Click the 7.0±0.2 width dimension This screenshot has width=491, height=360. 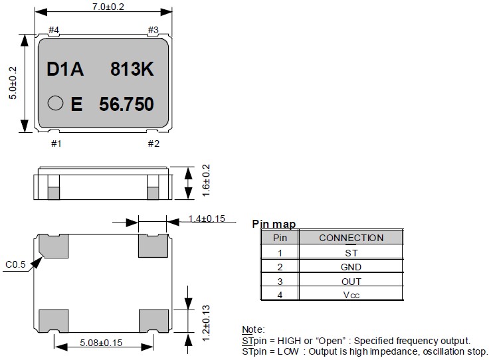click(x=102, y=6)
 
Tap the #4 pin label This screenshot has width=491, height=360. click(x=54, y=31)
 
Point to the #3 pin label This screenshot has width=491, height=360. click(x=153, y=30)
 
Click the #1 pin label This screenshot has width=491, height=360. click(x=56, y=143)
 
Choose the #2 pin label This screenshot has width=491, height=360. click(x=153, y=143)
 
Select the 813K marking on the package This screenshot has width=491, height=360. click(x=132, y=70)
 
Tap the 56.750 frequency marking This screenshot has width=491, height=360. click(x=126, y=104)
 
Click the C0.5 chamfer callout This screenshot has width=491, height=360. click(x=15, y=265)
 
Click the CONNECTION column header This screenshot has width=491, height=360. click(x=351, y=238)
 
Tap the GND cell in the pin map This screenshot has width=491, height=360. click(x=351, y=267)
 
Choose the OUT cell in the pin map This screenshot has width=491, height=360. click(x=351, y=281)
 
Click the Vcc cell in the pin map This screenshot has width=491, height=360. click(x=351, y=295)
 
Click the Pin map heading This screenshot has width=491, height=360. click(x=274, y=225)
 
